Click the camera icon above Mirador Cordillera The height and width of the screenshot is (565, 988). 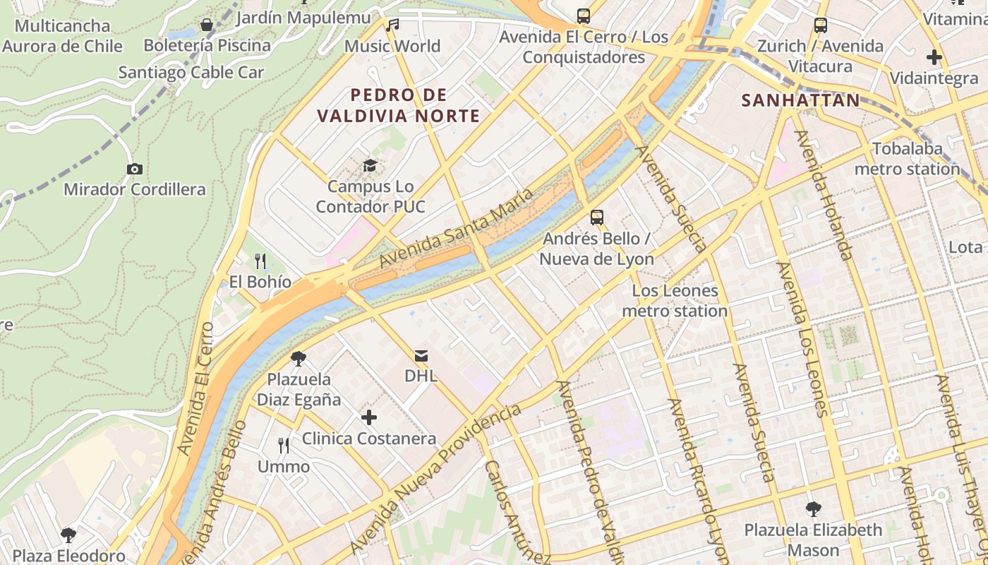(x=134, y=169)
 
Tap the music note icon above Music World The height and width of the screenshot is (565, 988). (x=392, y=25)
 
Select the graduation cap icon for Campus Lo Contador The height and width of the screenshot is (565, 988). (x=370, y=166)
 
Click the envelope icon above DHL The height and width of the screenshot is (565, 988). (x=421, y=355)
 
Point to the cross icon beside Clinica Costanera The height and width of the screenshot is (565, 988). (x=368, y=418)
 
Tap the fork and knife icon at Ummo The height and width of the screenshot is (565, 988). (x=283, y=446)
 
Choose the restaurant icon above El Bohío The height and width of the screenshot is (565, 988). (x=260, y=261)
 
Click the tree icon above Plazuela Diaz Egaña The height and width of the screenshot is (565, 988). (x=299, y=359)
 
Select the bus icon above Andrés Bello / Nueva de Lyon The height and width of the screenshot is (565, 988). (x=597, y=218)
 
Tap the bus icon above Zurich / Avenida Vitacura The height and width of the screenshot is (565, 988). (x=820, y=25)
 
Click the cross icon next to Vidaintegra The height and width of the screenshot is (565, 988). (x=934, y=57)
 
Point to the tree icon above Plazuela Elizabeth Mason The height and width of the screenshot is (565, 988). (x=813, y=509)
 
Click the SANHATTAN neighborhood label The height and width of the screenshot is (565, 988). (x=801, y=100)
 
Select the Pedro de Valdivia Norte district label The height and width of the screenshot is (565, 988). (x=399, y=105)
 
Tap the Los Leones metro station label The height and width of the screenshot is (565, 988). (x=675, y=301)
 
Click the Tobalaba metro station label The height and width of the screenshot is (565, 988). (x=908, y=159)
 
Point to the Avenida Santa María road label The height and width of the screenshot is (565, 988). (x=455, y=228)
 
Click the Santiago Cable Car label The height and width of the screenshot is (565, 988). (x=191, y=72)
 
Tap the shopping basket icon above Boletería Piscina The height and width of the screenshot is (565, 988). (x=207, y=25)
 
